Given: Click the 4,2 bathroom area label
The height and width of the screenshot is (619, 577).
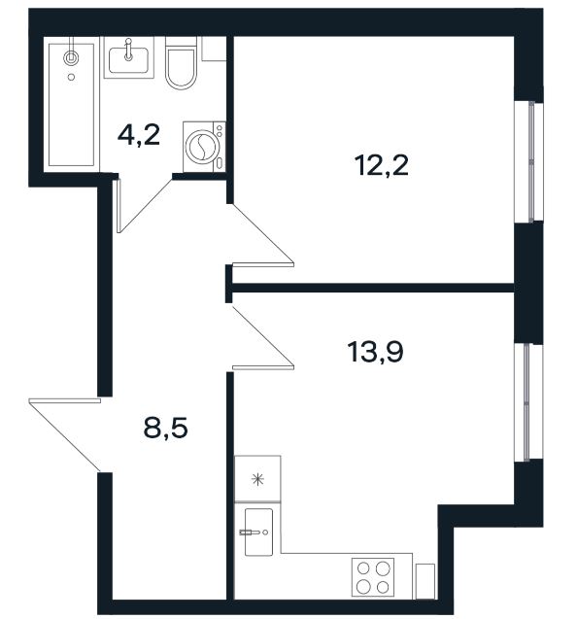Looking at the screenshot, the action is pos(139,135).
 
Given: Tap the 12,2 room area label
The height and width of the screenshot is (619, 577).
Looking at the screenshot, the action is pos(382,165).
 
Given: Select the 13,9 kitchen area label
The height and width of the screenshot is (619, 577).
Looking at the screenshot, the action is pos(375,352).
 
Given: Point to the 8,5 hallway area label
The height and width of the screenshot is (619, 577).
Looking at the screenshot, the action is pos(165,428).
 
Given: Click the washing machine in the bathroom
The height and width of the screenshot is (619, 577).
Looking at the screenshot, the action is pos(204,147).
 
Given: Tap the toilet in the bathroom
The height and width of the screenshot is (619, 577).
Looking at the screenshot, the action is pos(181,63).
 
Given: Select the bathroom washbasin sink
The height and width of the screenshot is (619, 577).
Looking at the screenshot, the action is pos(128,58).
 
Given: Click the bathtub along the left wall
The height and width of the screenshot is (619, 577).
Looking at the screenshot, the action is pos(71,105).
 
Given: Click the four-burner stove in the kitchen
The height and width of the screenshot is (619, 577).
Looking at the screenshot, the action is pos(373,577).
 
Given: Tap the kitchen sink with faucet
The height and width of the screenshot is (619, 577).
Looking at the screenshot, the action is pos(258,532).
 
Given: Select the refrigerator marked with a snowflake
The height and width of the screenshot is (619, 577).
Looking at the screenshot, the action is pos(257,479).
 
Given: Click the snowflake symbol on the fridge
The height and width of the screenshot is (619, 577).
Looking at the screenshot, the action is pos(257,480).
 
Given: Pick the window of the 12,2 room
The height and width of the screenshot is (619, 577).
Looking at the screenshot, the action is pos(528,161).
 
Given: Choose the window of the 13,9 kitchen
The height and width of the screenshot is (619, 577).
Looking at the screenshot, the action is pos(528,402).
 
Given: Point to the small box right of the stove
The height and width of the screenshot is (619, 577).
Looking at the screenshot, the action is pos(425,582).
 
